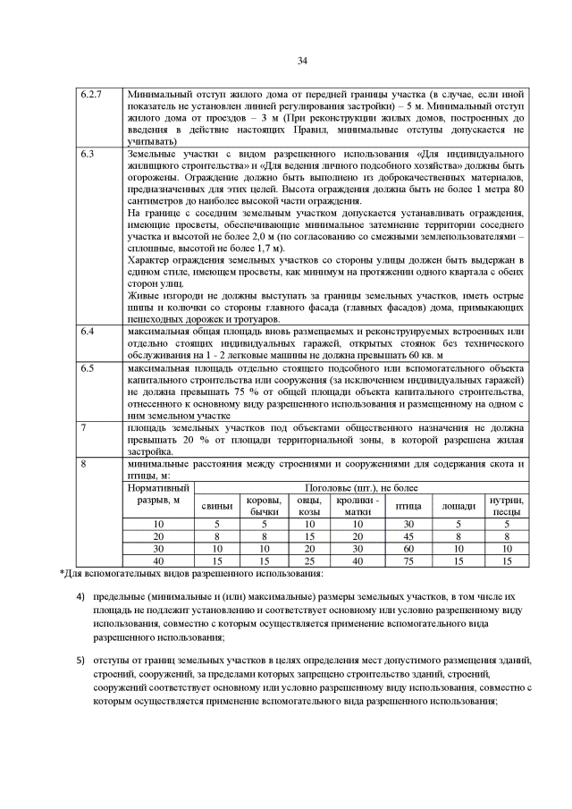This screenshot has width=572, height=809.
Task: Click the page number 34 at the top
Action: (301, 60)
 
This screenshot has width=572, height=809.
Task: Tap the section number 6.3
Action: (88, 155)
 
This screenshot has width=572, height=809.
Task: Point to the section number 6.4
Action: (88, 332)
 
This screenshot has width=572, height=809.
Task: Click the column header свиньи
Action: (216, 506)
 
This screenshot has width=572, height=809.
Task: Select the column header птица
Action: (408, 506)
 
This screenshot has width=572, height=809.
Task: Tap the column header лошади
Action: (458, 506)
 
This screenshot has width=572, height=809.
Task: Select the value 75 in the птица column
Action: (408, 560)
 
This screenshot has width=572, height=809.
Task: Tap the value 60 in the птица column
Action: (408, 548)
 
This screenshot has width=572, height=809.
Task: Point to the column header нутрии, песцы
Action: (507, 506)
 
